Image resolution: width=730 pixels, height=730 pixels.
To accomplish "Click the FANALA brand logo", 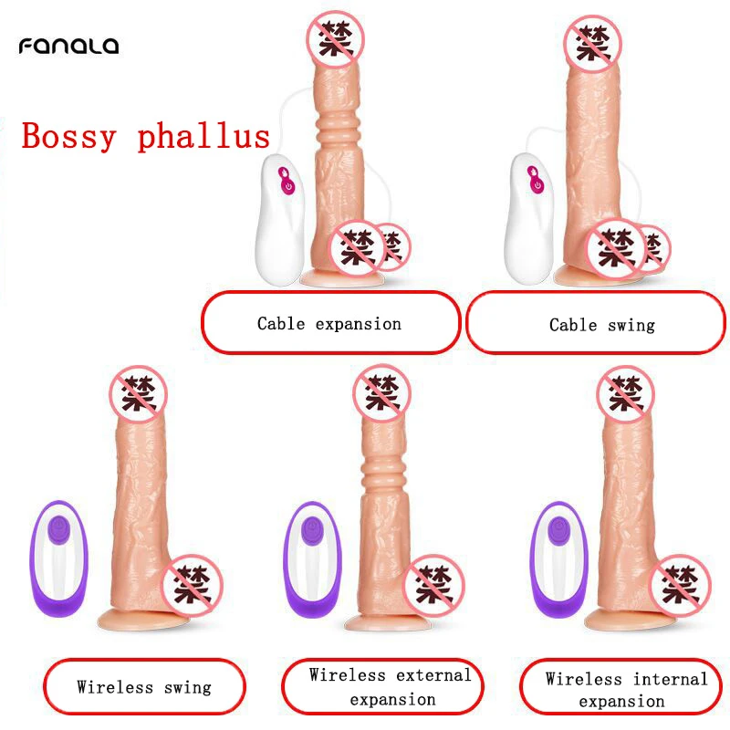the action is coord(68,45).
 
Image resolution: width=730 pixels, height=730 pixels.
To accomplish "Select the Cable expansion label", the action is coord(328,323).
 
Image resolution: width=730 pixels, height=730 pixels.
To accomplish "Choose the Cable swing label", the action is coord(601,325).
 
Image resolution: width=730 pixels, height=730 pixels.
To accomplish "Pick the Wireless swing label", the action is coord(143,686).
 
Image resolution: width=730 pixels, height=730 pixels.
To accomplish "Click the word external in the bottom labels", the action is coord(430,675).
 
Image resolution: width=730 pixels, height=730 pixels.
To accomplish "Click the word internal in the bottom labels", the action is coord(666,678).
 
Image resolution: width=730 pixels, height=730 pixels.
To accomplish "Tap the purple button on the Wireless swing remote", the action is coord(59,527).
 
